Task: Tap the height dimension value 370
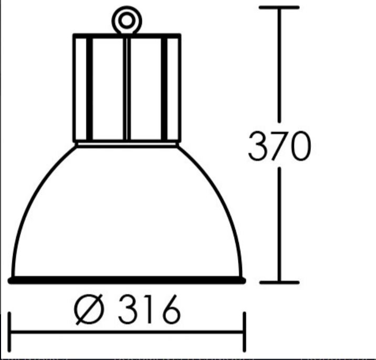click(x=279, y=146)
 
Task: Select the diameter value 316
click(x=149, y=309)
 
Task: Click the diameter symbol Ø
click(x=89, y=309)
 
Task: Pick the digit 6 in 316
click(x=171, y=309)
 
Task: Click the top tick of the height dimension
click(x=279, y=7)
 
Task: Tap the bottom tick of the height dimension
click(x=279, y=282)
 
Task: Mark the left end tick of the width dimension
click(x=9, y=332)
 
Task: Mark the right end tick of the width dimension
click(x=244, y=332)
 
